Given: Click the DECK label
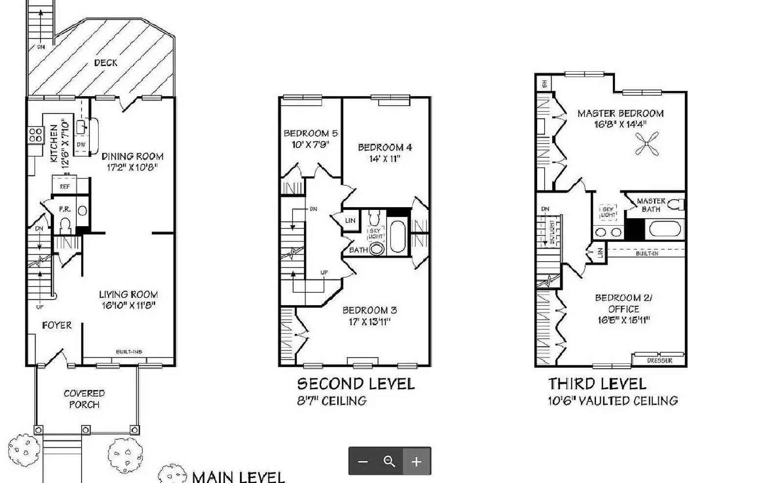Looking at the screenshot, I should (x=106, y=63).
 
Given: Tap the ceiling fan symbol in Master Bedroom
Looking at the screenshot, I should (x=647, y=145).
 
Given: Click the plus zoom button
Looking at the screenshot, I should (x=416, y=462).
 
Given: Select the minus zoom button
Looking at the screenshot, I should (x=363, y=462).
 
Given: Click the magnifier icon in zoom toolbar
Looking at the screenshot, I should (x=390, y=462).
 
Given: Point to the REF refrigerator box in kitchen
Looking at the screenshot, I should (x=65, y=186).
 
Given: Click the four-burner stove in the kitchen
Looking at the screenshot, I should (x=35, y=135).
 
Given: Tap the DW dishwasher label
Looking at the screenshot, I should (x=81, y=145).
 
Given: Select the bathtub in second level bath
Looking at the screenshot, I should (x=398, y=237).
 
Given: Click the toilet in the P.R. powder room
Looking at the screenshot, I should (x=65, y=225).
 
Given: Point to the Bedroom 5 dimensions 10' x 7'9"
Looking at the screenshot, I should (x=310, y=145).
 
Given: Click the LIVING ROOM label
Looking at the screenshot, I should (x=128, y=294).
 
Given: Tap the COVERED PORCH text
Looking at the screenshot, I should (x=84, y=399).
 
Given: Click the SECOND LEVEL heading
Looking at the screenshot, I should (x=356, y=384).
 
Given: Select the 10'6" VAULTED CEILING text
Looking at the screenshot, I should (x=612, y=401).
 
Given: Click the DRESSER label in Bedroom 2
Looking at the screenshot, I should (x=659, y=360).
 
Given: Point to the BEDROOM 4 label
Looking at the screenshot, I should (x=385, y=147).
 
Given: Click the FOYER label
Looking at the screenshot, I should (x=57, y=325).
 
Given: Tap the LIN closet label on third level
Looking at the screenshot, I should (x=601, y=252).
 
